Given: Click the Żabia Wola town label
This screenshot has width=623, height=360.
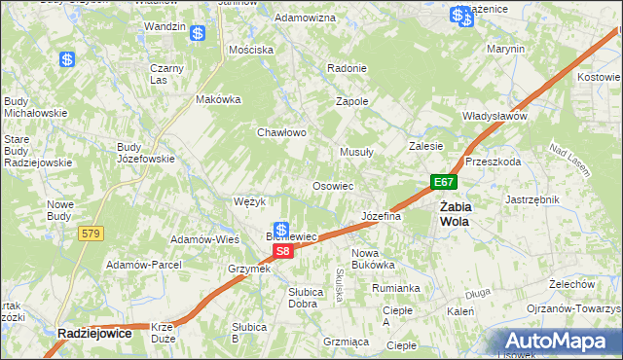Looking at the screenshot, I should click(x=455, y=213).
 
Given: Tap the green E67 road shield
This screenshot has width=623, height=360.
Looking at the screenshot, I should click(x=444, y=182).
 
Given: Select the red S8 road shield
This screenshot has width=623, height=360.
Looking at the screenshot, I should click(x=281, y=251).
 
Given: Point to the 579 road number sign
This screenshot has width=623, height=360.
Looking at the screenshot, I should click(x=92, y=233).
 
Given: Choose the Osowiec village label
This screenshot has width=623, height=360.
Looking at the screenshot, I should click(x=332, y=185).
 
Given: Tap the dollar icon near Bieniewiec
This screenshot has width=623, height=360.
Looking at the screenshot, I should click(x=280, y=230).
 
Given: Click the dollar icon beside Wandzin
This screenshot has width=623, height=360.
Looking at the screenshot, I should click(x=198, y=33).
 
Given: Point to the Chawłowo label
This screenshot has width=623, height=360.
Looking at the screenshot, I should click(x=282, y=132).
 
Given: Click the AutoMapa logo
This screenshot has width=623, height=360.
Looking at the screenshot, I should click(x=559, y=342).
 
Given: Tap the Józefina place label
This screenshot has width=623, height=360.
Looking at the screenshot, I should click(x=382, y=216).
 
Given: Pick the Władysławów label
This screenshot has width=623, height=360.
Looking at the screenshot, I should click(x=495, y=116).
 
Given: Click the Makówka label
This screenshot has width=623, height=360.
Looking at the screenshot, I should click(x=218, y=98).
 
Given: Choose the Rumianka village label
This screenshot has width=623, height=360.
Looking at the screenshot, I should click(x=395, y=288).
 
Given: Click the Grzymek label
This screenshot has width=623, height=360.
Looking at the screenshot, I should click(x=248, y=269).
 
